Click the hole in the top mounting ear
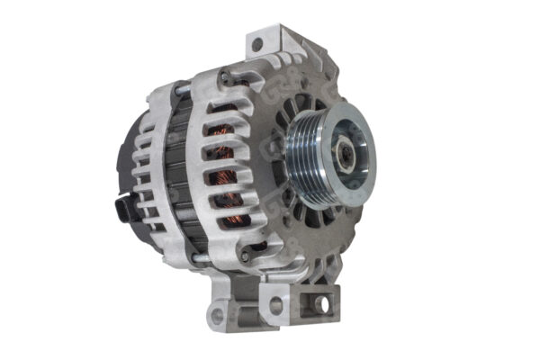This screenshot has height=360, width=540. (x=257, y=44)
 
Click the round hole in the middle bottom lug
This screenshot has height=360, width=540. (x=277, y=305)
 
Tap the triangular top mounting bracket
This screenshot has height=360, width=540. (x=270, y=49)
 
